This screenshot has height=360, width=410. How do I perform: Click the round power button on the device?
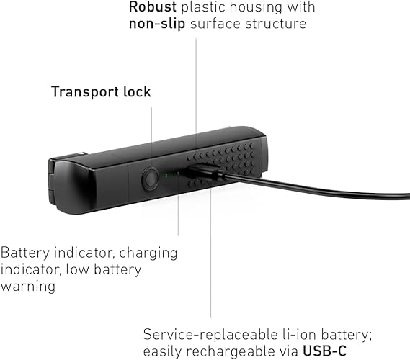click(150, 179)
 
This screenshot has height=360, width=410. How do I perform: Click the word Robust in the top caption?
click(153, 6)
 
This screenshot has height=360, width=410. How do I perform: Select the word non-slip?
click(157, 24)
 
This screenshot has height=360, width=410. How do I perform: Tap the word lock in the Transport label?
click(137, 91)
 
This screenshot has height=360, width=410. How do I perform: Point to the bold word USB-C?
click(324, 351)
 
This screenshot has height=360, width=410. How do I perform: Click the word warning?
click(27, 287)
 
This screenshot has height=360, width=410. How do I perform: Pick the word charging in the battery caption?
click(148, 253)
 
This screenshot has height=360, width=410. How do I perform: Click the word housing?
click(256, 7)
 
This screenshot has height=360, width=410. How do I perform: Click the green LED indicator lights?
click(171, 174)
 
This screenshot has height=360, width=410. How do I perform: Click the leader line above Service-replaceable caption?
click(210, 250)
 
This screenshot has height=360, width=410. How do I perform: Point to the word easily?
click(162, 351)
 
